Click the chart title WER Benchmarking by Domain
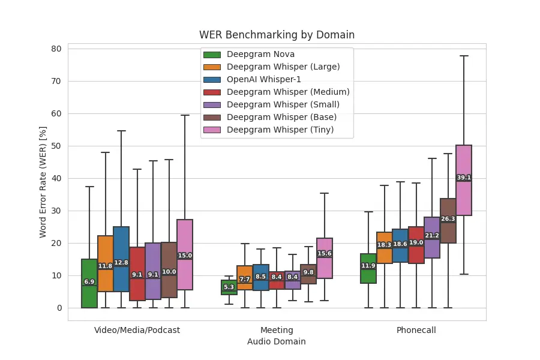277,35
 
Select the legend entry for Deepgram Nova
260,55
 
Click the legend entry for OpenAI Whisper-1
264,79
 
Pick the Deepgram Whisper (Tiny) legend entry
280,130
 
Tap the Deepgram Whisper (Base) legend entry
281,117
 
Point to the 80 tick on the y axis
56,49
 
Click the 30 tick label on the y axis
56,211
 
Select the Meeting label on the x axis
277,330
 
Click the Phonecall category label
416,330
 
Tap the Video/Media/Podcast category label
137,330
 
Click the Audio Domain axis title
277,341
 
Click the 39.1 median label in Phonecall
464,178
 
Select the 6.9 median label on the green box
89,282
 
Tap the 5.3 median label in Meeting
229,287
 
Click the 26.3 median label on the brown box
448,219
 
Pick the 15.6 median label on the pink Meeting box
324,254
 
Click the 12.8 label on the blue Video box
121,263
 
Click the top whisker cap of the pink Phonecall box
464,56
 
